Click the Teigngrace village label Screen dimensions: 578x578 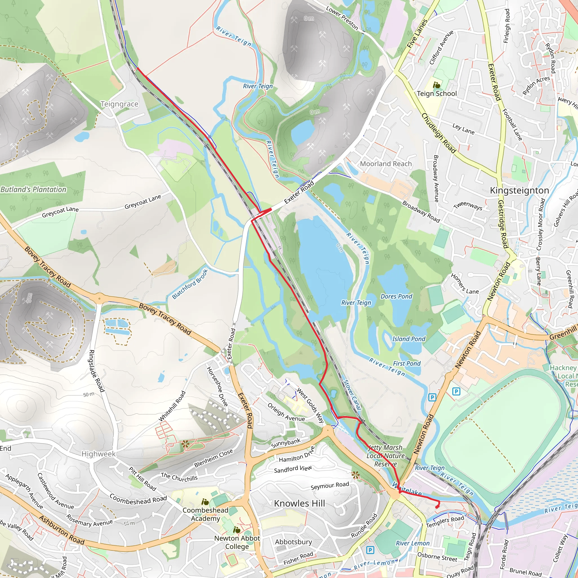[119, 104]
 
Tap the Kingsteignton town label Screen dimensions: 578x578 [519, 191]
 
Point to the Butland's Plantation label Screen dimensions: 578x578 [33, 189]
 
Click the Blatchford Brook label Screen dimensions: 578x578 [190, 284]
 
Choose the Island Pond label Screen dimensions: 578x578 [408, 339]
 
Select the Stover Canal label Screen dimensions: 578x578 [352, 395]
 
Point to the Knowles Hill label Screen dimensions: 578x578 [299, 503]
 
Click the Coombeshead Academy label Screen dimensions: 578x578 [205, 514]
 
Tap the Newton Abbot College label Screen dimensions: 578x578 [237, 542]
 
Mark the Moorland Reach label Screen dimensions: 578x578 [386, 164]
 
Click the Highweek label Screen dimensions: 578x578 [98, 454]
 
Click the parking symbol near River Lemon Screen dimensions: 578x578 [370, 550]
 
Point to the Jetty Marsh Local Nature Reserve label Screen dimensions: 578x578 [385, 456]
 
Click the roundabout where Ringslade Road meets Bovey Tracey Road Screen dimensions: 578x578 [99, 298]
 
